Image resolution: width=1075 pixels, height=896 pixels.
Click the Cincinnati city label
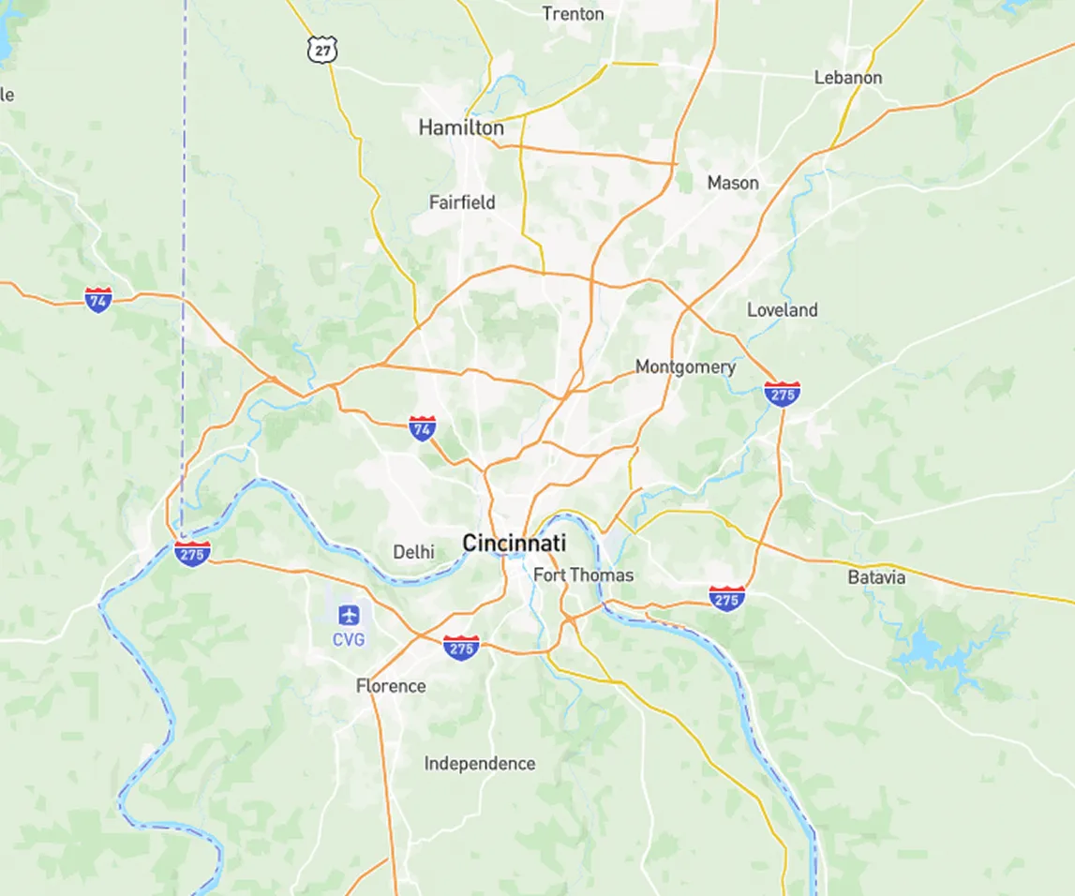coord(514,543)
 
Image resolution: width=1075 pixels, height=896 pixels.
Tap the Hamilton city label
coord(460,127)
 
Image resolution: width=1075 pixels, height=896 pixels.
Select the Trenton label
coord(573,14)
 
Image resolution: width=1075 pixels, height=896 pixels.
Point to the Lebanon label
coord(847,78)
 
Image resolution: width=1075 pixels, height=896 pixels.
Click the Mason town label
coord(733,183)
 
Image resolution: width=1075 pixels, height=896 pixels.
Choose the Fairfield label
coord(462,202)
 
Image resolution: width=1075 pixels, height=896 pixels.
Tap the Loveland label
coord(782,310)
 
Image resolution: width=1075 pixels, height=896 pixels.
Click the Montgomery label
coord(685,367)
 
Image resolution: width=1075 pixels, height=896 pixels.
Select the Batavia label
coord(876,577)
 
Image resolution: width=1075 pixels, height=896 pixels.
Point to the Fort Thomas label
coord(583,575)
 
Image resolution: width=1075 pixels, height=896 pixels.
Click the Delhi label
coord(413,552)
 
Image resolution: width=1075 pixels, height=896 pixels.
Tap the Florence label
coord(391,686)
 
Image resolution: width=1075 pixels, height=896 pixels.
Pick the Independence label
coord(480,764)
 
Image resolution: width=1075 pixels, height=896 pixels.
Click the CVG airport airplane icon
coord(349,616)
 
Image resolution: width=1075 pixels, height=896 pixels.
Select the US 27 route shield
coord(322,51)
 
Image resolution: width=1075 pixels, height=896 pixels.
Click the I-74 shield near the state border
coord(98,300)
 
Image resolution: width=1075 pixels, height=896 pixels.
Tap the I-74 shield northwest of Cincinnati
coord(423,429)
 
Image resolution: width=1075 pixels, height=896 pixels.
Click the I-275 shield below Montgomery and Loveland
coord(782,394)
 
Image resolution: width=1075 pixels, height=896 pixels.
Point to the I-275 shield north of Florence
coord(461,648)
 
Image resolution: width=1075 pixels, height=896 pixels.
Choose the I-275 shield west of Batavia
coord(727,598)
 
